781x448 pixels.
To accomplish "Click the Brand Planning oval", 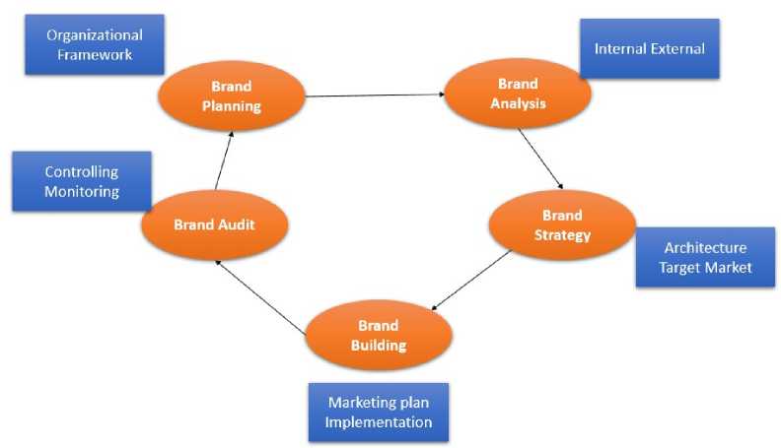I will tap(231, 96).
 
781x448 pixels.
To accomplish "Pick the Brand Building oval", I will tap(379, 336).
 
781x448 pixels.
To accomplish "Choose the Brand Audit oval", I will tap(214, 224).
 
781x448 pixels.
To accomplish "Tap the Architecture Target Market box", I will tap(704, 258).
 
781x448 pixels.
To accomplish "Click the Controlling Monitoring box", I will tap(82, 181).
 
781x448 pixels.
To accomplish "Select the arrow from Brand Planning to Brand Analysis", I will tap(375, 96).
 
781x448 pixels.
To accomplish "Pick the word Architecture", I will tap(705, 247).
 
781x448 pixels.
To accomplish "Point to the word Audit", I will tap(237, 224).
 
